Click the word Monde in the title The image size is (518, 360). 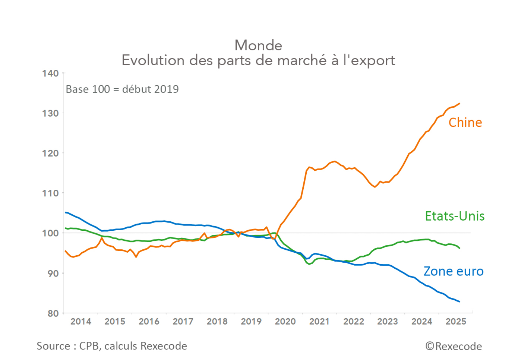click(x=258, y=45)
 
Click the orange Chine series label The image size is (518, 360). click(x=465, y=123)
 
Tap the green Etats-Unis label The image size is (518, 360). click(x=455, y=216)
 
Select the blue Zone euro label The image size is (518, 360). click(x=453, y=271)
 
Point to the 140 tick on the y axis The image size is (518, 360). click(x=50, y=73)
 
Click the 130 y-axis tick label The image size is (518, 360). click(x=50, y=113)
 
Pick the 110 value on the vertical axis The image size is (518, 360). click(x=50, y=193)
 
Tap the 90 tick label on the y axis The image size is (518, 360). click(x=53, y=273)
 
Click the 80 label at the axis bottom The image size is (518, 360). click(x=53, y=313)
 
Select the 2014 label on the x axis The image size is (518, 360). click(x=80, y=322)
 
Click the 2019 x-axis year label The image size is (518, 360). click(x=251, y=322)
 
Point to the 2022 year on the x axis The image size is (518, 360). click(x=353, y=322)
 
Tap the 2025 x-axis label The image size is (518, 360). click(x=455, y=322)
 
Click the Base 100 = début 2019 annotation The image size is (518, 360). click(x=122, y=89)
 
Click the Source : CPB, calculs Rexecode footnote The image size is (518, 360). click(x=112, y=346)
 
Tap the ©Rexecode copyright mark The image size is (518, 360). click(x=454, y=347)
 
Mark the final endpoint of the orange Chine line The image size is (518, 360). click(x=459, y=104)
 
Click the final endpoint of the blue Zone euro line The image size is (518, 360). click(x=459, y=301)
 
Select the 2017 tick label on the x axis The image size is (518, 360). click(x=183, y=322)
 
